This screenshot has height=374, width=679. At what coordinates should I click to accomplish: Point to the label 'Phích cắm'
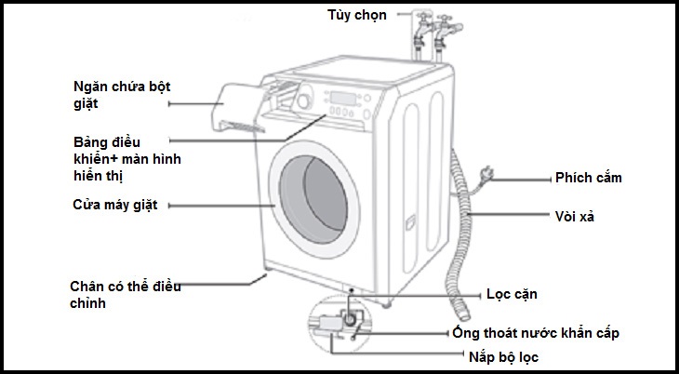(588, 178)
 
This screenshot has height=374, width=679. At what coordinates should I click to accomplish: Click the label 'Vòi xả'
(575, 216)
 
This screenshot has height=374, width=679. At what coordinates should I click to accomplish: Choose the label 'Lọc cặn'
(512, 294)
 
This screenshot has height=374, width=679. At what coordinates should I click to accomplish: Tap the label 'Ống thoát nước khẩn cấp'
(535, 332)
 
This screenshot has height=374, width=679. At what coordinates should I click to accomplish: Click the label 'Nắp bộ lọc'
(504, 356)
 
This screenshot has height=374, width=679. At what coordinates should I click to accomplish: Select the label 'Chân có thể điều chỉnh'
(125, 294)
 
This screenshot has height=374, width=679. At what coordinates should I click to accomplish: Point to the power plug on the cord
(485, 173)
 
